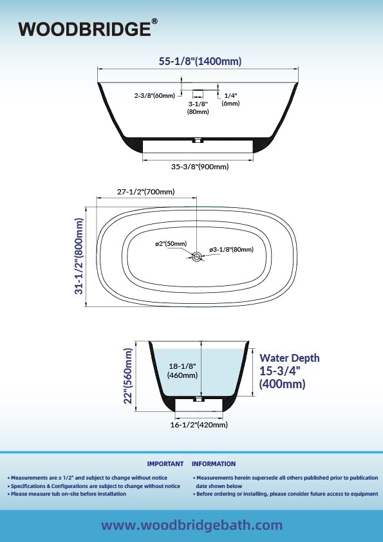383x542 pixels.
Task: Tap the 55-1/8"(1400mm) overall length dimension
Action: click(200, 61)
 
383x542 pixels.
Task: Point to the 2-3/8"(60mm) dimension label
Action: click(154, 95)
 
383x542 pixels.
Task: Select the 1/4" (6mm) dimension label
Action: click(230, 99)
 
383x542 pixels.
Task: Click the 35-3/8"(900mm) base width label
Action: click(200, 167)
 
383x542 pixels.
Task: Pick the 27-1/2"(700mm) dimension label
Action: click(146, 191)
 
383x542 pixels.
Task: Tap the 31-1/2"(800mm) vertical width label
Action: click(79, 256)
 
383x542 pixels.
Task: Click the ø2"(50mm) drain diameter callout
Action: click(171, 244)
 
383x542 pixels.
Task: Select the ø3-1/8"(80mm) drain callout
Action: click(231, 249)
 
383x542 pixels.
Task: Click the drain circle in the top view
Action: click(197, 256)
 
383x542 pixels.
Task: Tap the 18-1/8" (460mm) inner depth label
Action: click(183, 371)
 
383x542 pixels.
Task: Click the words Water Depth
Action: click(289, 358)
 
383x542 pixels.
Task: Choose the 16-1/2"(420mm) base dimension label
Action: click(199, 424)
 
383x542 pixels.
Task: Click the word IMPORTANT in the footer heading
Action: click(165, 464)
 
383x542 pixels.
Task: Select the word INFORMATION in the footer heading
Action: click(214, 464)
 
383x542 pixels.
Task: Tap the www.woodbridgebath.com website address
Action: click(192, 525)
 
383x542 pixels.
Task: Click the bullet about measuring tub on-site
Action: click(67, 494)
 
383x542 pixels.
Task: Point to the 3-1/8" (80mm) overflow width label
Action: click(198, 107)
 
